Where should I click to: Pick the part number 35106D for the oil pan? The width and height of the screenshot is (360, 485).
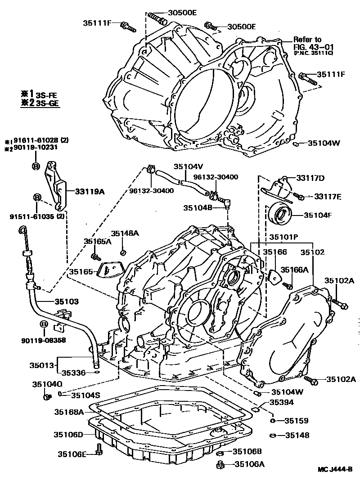pos(68,434)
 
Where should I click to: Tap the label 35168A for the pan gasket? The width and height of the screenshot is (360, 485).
pos(69,411)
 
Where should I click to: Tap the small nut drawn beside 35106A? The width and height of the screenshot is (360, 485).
pos(220,464)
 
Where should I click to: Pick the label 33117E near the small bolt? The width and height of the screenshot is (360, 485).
pos(328,196)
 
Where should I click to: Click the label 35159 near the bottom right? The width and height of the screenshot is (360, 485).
pos(296,421)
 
